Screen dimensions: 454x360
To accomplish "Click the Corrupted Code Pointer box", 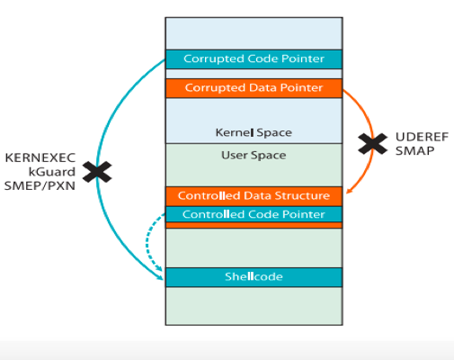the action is click(x=254, y=59).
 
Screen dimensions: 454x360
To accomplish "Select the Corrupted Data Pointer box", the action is click(x=254, y=88).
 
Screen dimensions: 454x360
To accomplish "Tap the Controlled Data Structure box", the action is click(x=254, y=196).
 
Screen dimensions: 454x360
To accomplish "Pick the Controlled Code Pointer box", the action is click(x=254, y=214).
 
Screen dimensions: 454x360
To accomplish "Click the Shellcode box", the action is click(x=254, y=277).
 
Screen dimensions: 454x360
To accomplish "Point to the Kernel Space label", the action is click(x=254, y=132).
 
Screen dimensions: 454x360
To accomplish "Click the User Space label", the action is click(x=254, y=155).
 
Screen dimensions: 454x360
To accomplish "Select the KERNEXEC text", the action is click(x=40, y=157).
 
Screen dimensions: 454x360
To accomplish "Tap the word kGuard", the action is click(x=52, y=172).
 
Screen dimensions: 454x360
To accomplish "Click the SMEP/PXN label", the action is click(x=40, y=186).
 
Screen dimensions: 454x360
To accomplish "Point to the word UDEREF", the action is click(x=422, y=137).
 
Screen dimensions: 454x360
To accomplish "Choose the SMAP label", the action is click(x=414, y=150).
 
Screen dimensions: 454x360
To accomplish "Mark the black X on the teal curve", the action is click(x=97, y=172).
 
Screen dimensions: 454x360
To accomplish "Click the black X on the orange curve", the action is click(x=373, y=144).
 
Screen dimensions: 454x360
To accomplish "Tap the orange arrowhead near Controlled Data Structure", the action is click(x=350, y=191).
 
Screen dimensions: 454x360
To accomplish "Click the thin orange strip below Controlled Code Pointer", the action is click(x=254, y=225).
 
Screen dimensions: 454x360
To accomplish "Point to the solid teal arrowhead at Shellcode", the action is click(x=160, y=277).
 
